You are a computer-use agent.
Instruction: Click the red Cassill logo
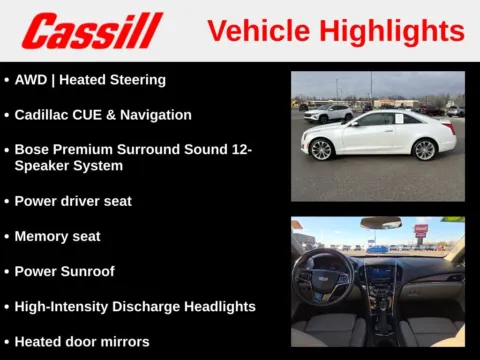[92, 31]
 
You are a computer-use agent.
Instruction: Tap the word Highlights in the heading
[390, 31]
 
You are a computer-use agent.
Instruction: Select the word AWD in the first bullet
[31, 80]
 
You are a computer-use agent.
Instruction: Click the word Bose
[31, 150]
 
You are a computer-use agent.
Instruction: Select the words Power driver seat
[73, 201]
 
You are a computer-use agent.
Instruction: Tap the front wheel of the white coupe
[321, 150]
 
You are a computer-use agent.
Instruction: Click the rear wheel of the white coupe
[425, 150]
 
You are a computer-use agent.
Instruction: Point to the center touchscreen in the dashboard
[381, 272]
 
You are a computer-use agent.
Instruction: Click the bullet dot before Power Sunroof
[7, 272]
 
